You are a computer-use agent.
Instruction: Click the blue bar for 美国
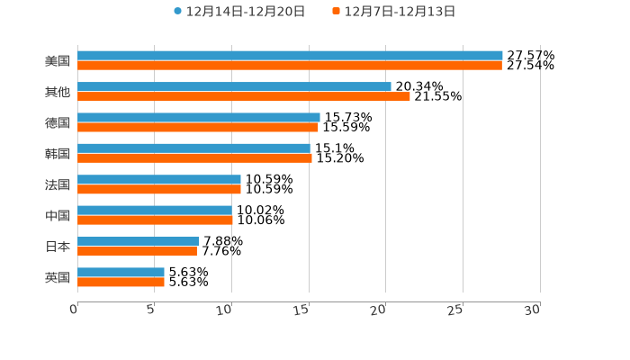pyautogui.click(x=290, y=56)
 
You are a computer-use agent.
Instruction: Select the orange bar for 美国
pyautogui.click(x=290, y=66)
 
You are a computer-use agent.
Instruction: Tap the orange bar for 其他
pyautogui.click(x=243, y=96)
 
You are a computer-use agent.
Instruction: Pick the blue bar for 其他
pyautogui.click(x=234, y=87)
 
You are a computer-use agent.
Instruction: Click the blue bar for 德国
pyautogui.click(x=198, y=118)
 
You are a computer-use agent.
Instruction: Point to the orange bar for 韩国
pyautogui.click(x=194, y=158)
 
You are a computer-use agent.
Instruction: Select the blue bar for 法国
pyautogui.click(x=159, y=180)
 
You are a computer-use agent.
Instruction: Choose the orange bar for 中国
pyautogui.click(x=155, y=220)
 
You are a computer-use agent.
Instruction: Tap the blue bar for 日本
pyautogui.click(x=139, y=241)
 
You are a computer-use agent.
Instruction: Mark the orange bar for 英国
pyautogui.click(x=121, y=282)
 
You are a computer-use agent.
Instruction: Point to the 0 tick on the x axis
pyautogui.click(x=75, y=310)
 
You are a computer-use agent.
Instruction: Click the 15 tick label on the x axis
pyautogui.click(x=301, y=310)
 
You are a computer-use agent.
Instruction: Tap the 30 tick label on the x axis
pyautogui.click(x=533, y=310)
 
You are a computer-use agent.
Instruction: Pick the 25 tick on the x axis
pyautogui.click(x=455, y=310)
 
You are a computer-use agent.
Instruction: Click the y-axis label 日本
pyautogui.click(x=58, y=247)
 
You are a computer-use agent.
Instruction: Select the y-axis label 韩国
pyautogui.click(x=58, y=154)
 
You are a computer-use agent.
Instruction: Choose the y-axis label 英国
pyautogui.click(x=58, y=277)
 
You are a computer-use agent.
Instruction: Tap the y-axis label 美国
pyautogui.click(x=58, y=61)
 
